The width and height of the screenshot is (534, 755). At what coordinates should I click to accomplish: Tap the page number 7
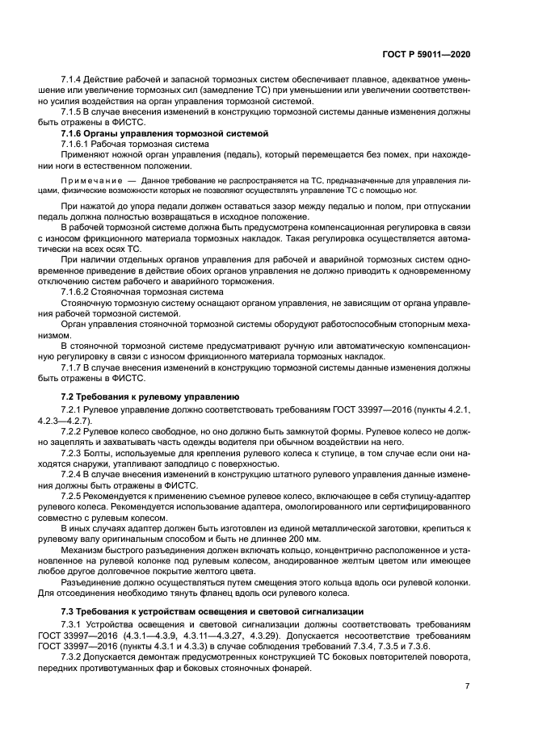(x=467, y=686)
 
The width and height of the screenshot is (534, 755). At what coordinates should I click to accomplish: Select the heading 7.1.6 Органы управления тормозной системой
(x=164, y=132)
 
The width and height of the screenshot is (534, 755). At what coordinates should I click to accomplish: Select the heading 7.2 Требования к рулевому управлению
(x=149, y=397)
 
